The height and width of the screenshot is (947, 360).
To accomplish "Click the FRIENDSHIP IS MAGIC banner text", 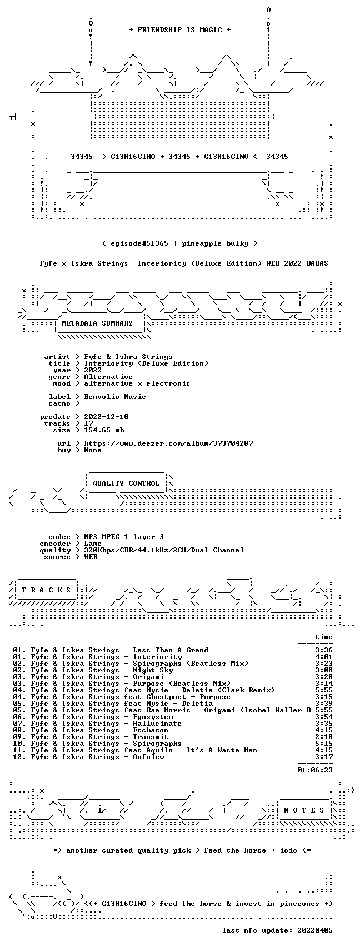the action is point(180,29).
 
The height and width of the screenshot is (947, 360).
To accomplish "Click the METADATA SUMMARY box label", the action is point(97,323).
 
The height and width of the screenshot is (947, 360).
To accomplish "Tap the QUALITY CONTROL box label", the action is point(126,483).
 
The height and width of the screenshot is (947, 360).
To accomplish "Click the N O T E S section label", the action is point(304,810).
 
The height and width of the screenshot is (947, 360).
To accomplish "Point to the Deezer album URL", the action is point(168,443).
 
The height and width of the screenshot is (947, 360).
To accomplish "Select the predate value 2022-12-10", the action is point(107,416).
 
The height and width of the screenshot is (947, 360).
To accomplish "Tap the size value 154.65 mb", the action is point(104,430).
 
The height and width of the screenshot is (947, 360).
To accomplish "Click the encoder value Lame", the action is point(93,544).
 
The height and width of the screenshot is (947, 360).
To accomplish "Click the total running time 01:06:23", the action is point(315,770).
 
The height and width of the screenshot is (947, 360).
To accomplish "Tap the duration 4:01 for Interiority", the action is point(324,657).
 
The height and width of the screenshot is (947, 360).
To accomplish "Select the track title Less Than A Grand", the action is point(171,650).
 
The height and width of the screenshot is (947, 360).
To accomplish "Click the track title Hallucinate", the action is point(157,724).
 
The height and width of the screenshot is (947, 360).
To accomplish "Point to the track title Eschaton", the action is point(151,730).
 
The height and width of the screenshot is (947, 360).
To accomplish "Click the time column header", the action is point(324,637).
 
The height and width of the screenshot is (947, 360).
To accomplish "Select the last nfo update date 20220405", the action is point(315,930).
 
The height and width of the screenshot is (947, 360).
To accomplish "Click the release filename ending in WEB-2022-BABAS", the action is point(184,263).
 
